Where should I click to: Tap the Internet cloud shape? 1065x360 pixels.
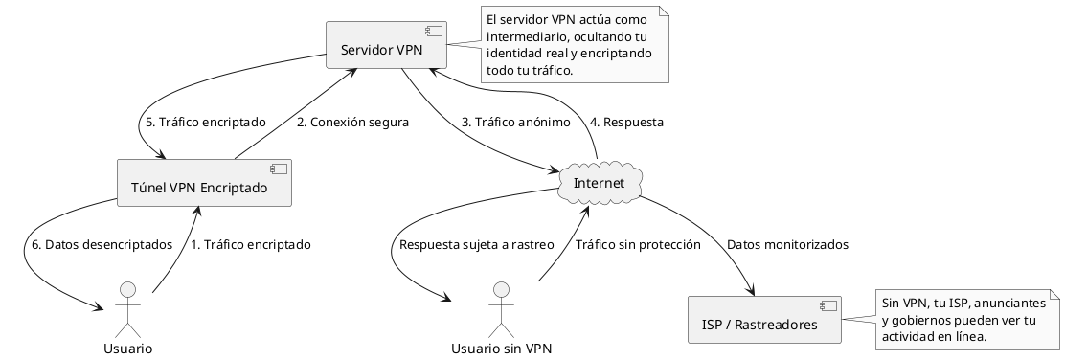[x=599, y=183]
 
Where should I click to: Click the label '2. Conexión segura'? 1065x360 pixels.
[x=352, y=123]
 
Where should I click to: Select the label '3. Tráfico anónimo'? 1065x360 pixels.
[x=516, y=123]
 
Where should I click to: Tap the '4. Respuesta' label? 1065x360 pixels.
[x=626, y=123]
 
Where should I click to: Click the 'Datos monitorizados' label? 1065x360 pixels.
[x=787, y=245]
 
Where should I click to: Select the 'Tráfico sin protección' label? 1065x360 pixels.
[x=638, y=245]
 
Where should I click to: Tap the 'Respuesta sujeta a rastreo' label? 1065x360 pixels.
[x=477, y=245]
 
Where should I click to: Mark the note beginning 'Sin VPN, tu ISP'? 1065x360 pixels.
[x=963, y=320]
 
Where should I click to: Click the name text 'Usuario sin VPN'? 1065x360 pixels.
[x=501, y=348]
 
